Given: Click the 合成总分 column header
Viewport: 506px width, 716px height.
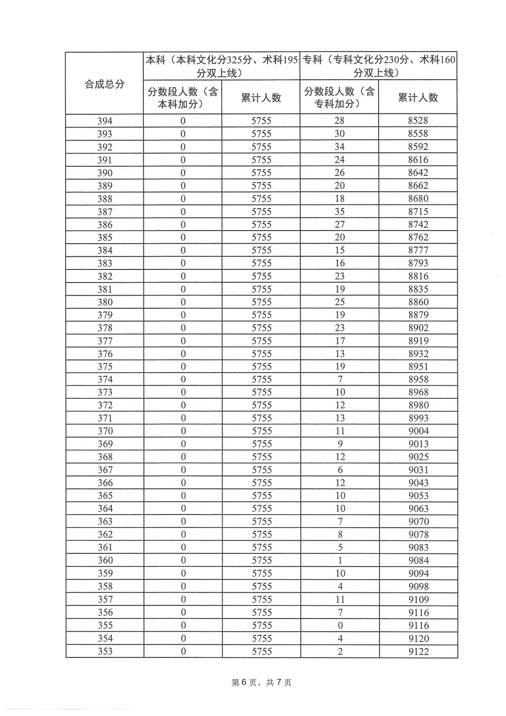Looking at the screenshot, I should (x=104, y=84).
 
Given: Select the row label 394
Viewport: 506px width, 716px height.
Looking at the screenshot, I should (x=104, y=121).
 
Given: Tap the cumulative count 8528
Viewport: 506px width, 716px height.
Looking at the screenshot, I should (x=418, y=120).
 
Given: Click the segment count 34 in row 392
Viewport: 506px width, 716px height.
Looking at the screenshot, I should (x=340, y=147).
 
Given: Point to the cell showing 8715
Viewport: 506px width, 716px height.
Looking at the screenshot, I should (x=418, y=211).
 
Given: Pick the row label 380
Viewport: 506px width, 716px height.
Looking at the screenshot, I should (x=104, y=302).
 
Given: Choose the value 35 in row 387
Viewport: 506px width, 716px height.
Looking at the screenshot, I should (x=340, y=211).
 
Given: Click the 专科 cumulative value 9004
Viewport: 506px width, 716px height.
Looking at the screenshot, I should (x=418, y=431).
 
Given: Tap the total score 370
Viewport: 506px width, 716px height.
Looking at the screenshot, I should (x=104, y=431).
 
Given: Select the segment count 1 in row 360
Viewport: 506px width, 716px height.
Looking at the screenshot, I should (x=340, y=560).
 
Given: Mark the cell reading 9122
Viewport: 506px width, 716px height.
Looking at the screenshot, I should (x=418, y=651).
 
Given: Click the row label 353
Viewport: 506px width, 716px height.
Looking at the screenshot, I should (x=104, y=651).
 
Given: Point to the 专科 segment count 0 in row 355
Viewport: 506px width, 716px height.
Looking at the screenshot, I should (x=340, y=626).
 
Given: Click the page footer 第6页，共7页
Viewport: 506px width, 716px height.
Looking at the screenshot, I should (x=261, y=683).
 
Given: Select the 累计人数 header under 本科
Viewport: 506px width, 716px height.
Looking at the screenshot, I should (x=261, y=97).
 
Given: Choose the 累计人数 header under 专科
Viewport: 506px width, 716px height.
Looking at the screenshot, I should (x=418, y=97).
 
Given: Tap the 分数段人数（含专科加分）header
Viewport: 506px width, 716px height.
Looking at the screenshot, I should (x=339, y=97).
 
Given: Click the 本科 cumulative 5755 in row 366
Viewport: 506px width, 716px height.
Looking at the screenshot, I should (x=261, y=483).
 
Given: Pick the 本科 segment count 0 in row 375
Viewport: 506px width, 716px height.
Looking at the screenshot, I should (x=183, y=366).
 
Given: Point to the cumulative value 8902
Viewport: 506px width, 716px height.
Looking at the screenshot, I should (x=418, y=328).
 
